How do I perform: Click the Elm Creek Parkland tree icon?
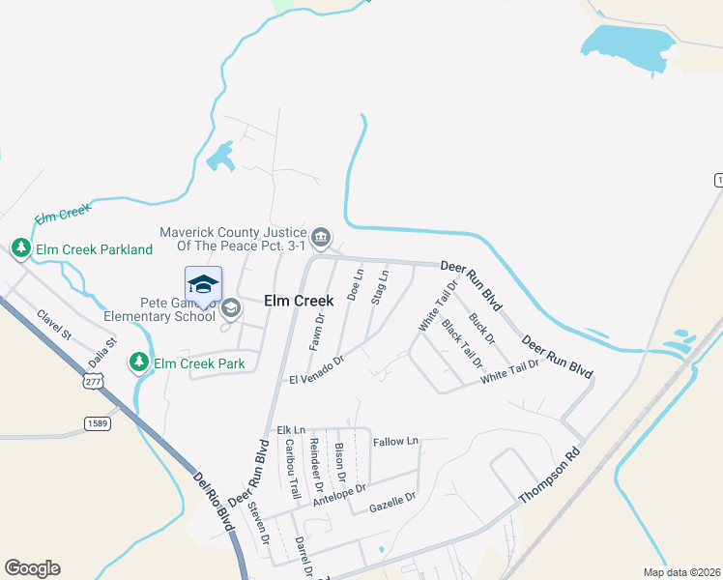[x=20, y=249]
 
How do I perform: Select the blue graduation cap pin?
[x=203, y=285]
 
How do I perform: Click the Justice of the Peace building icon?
[x=322, y=236]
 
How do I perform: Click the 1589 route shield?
[x=98, y=422]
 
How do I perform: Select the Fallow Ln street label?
[x=395, y=442]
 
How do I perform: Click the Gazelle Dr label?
[x=391, y=501]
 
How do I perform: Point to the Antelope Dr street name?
[x=339, y=495]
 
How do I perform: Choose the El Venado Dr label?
[x=317, y=372]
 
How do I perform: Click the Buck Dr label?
[x=480, y=329]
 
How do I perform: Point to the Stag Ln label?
[x=380, y=286]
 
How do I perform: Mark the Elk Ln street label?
[x=291, y=429]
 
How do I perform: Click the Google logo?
[x=32, y=568]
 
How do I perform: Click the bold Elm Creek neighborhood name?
[x=299, y=302]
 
